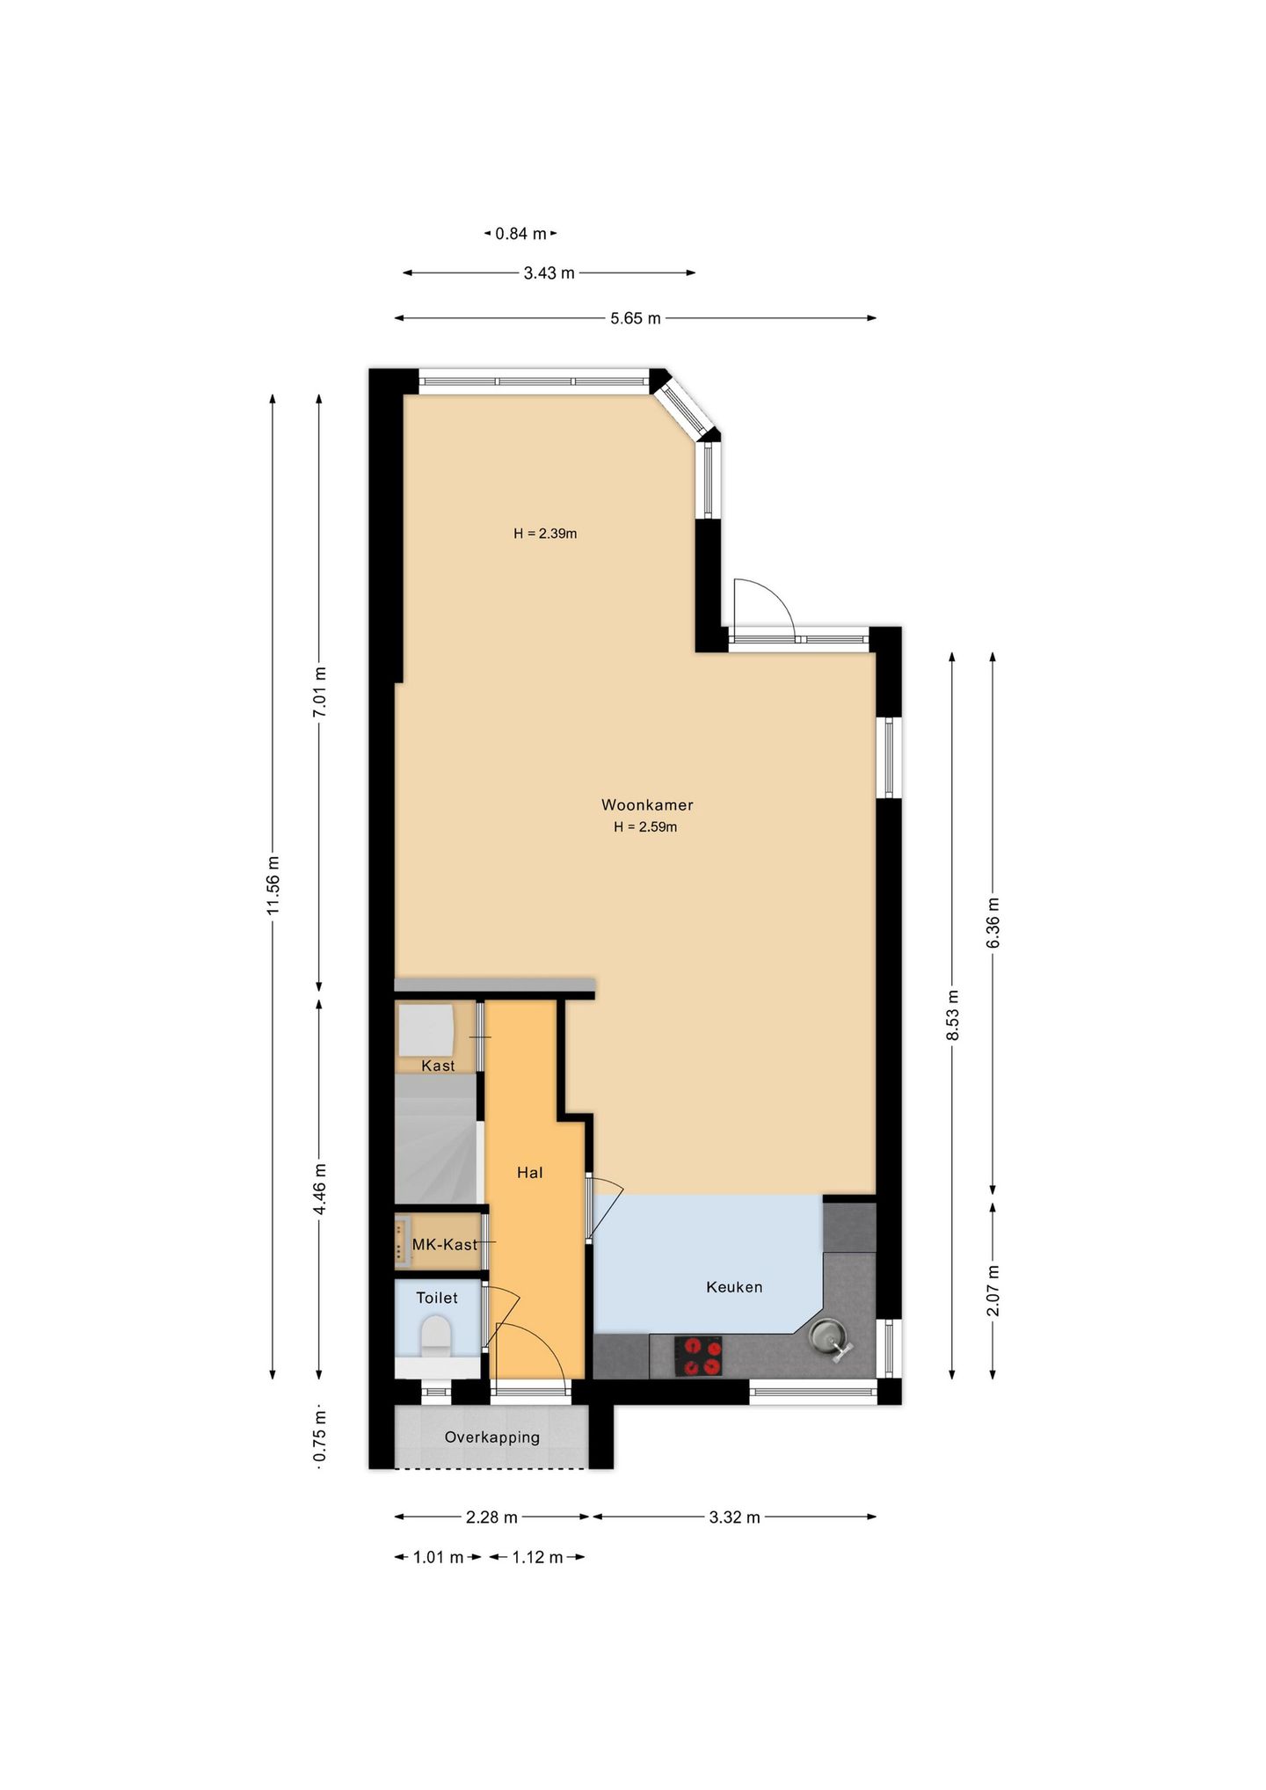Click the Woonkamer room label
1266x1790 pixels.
pos(647,804)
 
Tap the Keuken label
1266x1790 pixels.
pos(734,1287)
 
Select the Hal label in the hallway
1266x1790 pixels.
pos(530,1173)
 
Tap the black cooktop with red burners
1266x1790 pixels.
pos(699,1356)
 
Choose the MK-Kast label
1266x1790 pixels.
pos(445,1245)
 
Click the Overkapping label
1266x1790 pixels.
pos(491,1437)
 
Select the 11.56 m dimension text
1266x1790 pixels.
pos(273,884)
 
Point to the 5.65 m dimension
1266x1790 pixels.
pos(636,318)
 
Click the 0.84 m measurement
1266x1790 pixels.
pos(520,234)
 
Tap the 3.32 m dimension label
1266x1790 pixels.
pos(734,1517)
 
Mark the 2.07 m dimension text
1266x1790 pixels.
pos(993,1291)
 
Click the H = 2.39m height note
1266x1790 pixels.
pos(545,534)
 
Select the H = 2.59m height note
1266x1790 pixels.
pos(645,827)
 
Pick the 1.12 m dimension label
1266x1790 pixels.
pos(537,1557)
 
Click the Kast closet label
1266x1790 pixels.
pos(438,1066)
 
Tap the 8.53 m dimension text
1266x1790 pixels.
pos(953,1015)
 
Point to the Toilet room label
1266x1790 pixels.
pos(437,1298)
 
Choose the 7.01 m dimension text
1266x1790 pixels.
pos(320,692)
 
